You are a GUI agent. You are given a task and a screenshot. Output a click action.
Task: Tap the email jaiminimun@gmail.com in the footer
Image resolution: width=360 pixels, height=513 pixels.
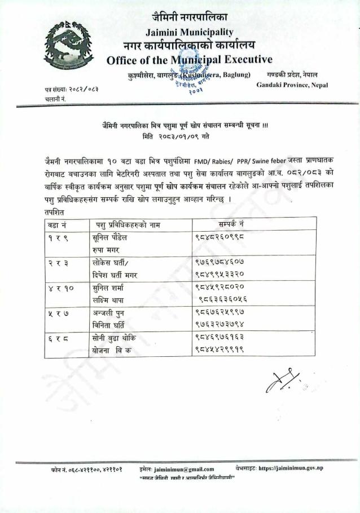(184, 468)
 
